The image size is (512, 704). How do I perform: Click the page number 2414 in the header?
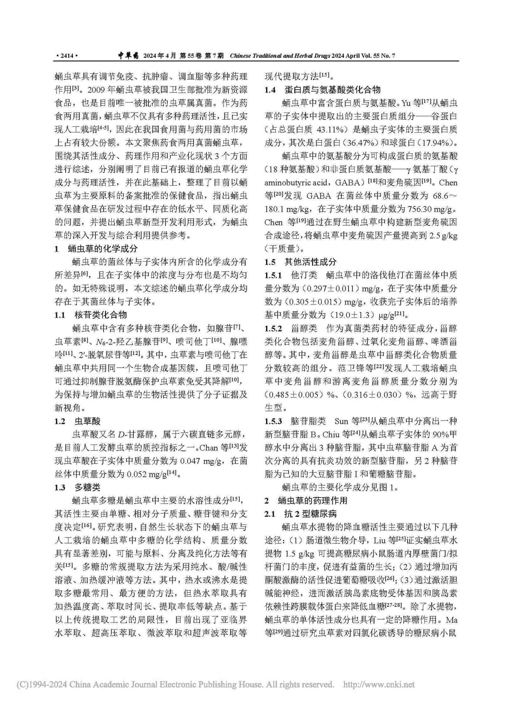(x=67, y=56)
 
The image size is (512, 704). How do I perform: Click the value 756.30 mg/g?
(x=430, y=209)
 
